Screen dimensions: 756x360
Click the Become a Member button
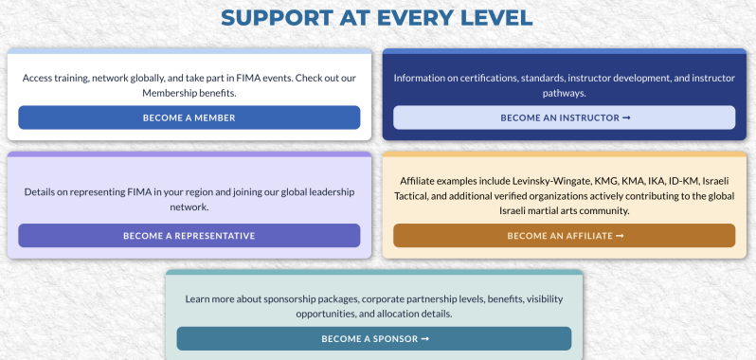coord(189,117)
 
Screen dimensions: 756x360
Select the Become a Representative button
coord(189,236)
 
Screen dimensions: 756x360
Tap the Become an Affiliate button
coord(564,236)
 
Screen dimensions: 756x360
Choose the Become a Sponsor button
coord(374,339)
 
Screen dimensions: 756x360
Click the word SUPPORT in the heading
coord(278,18)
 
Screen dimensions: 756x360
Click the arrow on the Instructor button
coord(626,117)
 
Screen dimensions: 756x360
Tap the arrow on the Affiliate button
coord(620,236)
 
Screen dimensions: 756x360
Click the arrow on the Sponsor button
coord(424,339)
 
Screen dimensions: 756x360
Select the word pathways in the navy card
coord(564,94)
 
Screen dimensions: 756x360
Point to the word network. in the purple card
coord(189,207)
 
